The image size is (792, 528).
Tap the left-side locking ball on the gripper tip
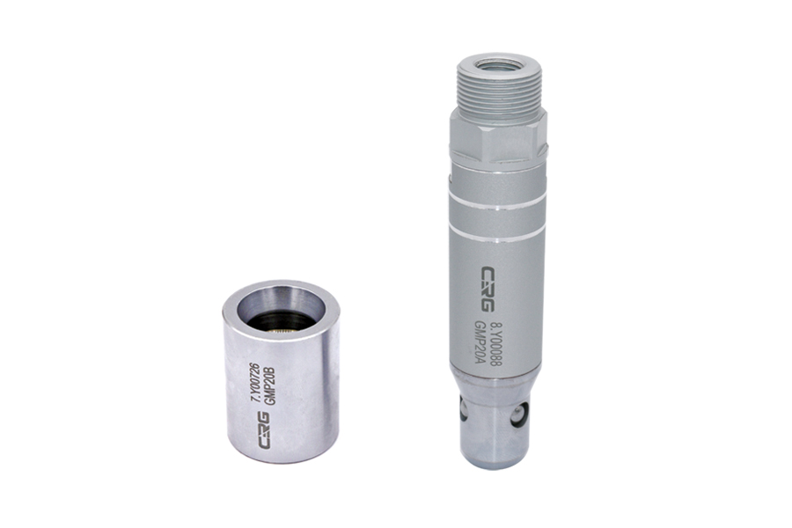pyautogui.click(x=463, y=407)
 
